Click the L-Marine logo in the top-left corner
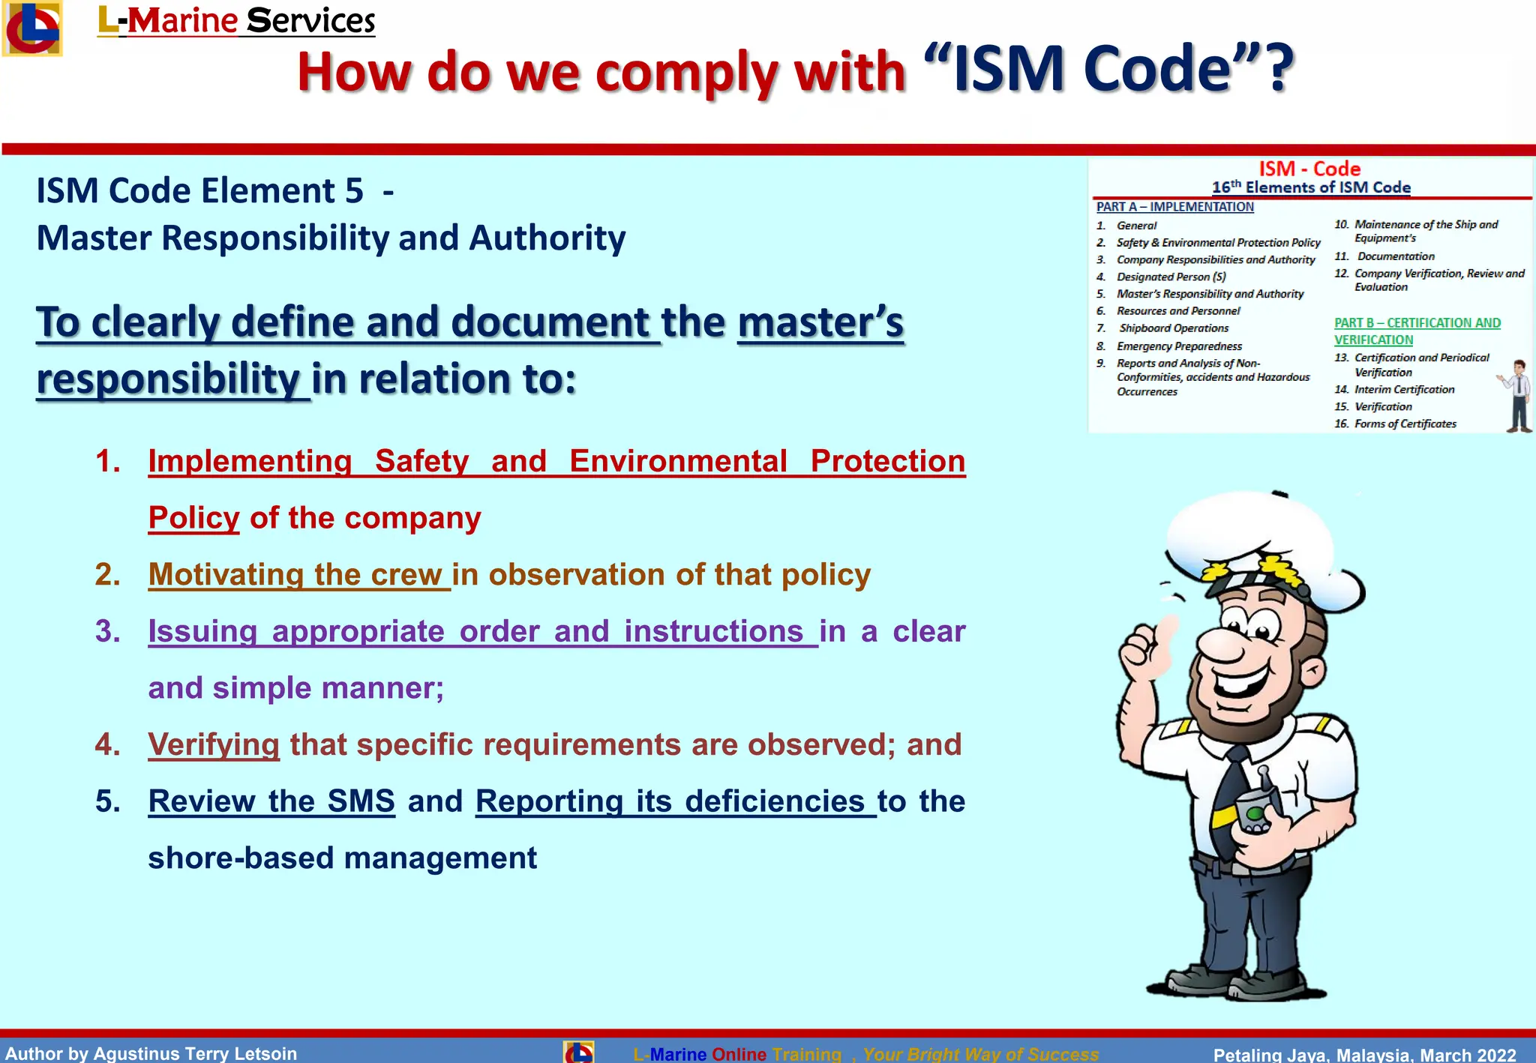click(31, 28)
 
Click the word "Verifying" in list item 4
click(214, 744)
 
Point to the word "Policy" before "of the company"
click(193, 518)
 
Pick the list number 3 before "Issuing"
click(107, 631)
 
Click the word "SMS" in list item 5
click(361, 801)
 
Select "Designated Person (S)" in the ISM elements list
click(1171, 277)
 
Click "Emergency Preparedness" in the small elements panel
click(1179, 346)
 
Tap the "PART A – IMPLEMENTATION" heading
click(1174, 207)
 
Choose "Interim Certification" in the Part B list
click(1404, 390)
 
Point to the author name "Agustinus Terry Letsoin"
click(195, 1053)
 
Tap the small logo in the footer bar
click(578, 1052)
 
